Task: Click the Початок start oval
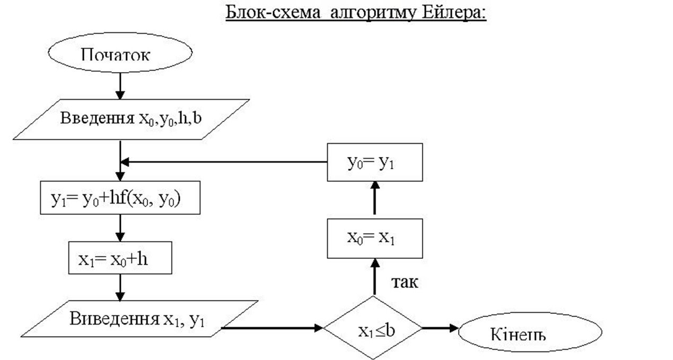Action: point(120,54)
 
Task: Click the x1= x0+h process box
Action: point(120,259)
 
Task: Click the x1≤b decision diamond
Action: point(374,329)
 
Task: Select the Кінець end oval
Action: point(530,333)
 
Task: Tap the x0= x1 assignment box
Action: point(374,238)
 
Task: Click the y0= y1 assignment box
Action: point(374,163)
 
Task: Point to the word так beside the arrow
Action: point(405,282)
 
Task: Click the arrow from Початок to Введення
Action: point(120,86)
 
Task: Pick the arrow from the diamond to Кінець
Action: point(440,328)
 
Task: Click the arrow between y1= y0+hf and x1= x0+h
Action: point(120,227)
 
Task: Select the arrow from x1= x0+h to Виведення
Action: point(120,287)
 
